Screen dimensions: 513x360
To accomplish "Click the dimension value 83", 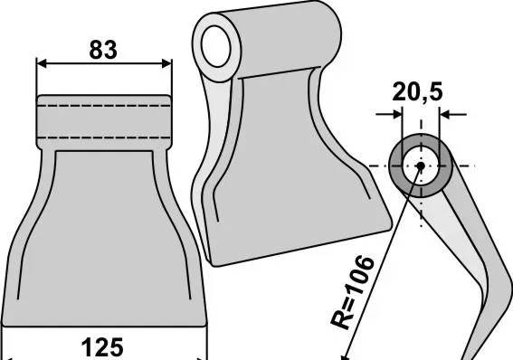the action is coord(103,50).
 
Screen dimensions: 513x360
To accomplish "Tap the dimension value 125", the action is coord(102,347).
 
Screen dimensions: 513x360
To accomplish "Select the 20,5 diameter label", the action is coord(417,92).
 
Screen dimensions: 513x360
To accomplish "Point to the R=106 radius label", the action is coord(352,292).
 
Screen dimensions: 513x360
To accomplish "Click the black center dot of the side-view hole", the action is coord(421,166).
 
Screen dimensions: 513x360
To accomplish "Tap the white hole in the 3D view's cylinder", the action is coord(216,46).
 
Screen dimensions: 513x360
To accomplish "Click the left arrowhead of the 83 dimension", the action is coord(42,63).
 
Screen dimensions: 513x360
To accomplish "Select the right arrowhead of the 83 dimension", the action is coord(166,63).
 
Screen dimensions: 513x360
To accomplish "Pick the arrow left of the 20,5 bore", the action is coord(389,115).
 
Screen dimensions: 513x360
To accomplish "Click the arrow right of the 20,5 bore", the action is coord(452,115).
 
